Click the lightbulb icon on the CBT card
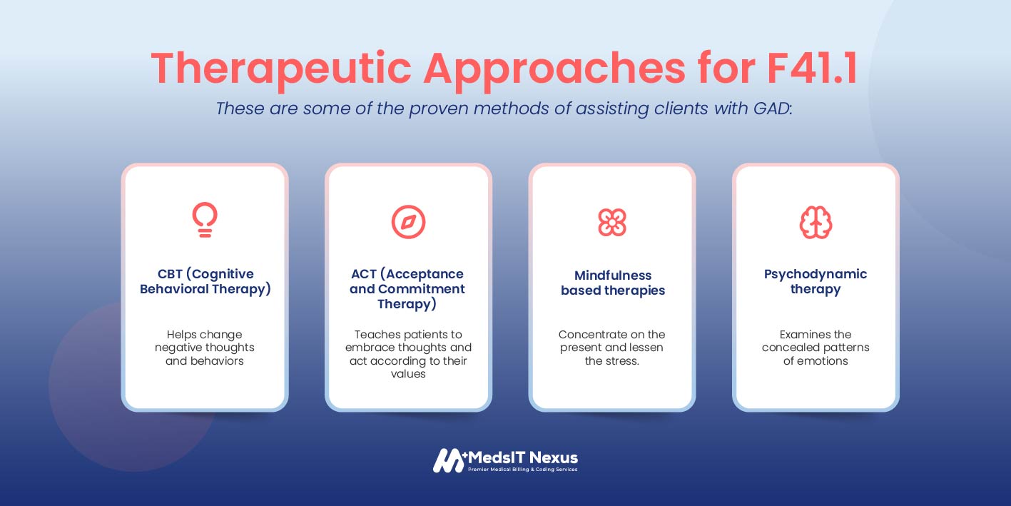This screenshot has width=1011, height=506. click(205, 220)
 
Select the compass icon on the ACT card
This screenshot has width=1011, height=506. click(408, 221)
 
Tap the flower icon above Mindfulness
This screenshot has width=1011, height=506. click(612, 222)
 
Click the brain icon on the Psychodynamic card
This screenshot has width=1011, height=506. click(816, 222)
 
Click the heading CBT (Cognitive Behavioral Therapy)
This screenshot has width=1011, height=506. click(205, 281)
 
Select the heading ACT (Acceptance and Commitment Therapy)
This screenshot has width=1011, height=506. click(407, 289)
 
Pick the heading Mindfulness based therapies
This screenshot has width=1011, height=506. click(613, 283)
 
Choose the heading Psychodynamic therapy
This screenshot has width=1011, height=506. click(816, 281)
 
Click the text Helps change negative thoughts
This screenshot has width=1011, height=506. click(205, 341)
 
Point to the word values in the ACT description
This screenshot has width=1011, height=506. click(408, 374)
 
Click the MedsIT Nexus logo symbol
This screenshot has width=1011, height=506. click(450, 460)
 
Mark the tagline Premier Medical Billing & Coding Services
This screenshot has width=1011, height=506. click(522, 470)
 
